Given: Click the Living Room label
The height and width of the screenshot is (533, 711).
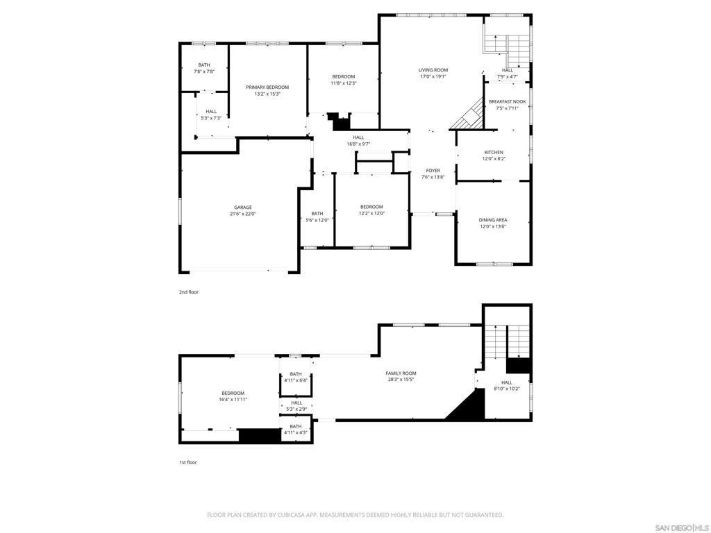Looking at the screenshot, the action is tap(433, 70).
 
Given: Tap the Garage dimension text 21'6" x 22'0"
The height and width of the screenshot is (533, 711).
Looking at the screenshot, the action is tap(243, 214).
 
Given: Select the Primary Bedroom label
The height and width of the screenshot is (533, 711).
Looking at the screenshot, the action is tap(267, 87).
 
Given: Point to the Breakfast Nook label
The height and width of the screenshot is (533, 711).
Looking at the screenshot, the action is tap(508, 102).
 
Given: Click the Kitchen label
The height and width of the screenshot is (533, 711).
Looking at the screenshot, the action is tap(494, 153).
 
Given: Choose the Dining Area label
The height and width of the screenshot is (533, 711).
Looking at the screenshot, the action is tap(493, 220).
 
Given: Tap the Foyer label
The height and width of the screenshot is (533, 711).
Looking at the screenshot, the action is tap(433, 171).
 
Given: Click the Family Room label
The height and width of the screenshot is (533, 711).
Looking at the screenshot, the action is tap(401, 373).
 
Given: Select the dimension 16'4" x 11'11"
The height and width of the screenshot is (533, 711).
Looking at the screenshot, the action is tap(233, 400).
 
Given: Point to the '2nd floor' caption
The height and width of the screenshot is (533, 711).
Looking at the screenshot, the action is tap(189, 292).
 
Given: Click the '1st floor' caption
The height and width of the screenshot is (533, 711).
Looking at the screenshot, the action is tap(188, 463).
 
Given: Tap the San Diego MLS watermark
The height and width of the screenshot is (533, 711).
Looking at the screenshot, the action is tap(682, 528).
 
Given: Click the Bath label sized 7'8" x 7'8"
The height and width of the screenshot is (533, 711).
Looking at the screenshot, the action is tap(204, 65).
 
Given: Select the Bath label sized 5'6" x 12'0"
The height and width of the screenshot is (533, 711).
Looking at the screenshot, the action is tap(317, 214).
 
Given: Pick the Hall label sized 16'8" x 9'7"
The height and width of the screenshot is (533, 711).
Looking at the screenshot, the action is tap(358, 138).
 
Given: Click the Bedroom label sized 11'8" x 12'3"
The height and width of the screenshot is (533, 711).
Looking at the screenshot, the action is tap(344, 77).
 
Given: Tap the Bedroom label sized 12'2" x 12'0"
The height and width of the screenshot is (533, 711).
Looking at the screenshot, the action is tap(372, 207).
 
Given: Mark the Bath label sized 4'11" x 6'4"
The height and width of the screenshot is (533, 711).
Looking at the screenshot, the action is tap(296, 374).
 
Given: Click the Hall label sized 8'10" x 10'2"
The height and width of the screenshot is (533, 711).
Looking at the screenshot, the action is tap(507, 383).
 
